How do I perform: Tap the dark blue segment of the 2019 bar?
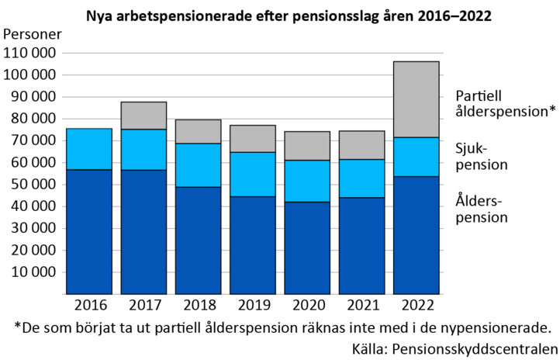click(x=252, y=245)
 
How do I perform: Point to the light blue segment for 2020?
click(x=307, y=181)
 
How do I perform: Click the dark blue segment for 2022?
click(x=416, y=235)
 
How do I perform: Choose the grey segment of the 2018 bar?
click(x=197, y=132)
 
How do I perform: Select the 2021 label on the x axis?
click(x=361, y=304)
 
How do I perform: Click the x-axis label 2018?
click(x=197, y=304)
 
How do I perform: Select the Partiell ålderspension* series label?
click(x=505, y=103)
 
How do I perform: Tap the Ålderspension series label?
click(x=481, y=209)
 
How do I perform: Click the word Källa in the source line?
click(x=368, y=347)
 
